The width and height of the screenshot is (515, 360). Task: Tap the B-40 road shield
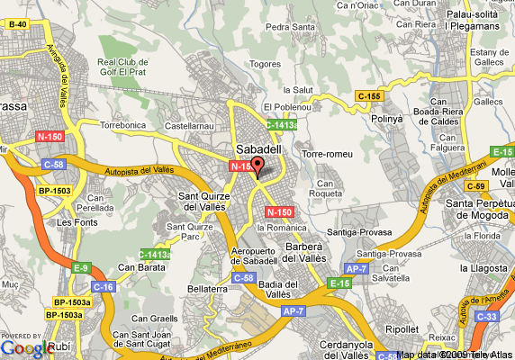pos(17,23)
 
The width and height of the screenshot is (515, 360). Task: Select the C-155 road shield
pos(367,95)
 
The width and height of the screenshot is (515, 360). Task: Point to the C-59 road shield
pos(477,185)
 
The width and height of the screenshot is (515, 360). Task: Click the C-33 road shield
pos(487,316)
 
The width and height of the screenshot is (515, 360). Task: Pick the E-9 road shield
pos(82,267)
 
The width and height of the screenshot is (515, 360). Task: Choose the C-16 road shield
pos(104,286)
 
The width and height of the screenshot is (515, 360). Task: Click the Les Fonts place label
pos(76,221)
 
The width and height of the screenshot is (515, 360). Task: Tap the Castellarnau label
pos(189,128)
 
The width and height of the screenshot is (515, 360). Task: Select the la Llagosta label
pos(483,267)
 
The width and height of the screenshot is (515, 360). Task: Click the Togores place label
pos(266,64)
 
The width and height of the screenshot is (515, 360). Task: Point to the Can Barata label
pos(137,266)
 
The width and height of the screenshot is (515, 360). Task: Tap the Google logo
pos(24,347)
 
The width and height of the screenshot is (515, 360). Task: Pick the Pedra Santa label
pos(289,26)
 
